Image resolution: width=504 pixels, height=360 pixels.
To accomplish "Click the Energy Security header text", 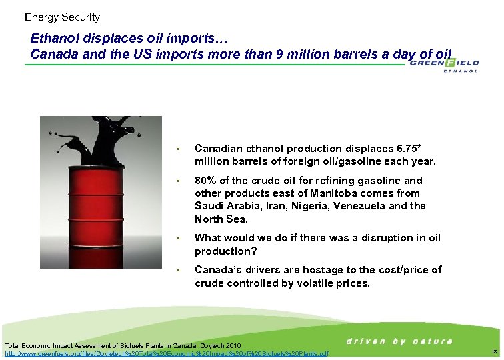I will point(62,17).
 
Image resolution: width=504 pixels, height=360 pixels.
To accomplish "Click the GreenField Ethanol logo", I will point(443,65).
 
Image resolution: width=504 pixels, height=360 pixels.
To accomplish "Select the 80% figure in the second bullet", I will point(206,180).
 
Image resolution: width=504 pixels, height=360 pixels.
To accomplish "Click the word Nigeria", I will point(309,206).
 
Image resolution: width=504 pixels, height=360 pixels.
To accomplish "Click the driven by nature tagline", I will point(399,341).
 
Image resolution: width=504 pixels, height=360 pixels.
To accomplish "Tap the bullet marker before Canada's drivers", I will point(179,270).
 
